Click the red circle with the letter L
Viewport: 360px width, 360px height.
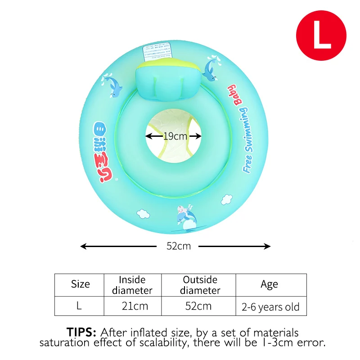(x=321, y=36)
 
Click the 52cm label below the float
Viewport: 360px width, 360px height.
(x=179, y=246)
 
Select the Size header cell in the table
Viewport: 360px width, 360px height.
(x=80, y=284)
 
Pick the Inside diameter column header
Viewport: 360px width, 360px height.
(x=132, y=285)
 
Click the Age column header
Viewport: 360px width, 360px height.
(x=269, y=284)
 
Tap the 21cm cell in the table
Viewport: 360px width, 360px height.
(x=135, y=306)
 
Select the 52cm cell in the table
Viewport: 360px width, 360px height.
(x=198, y=306)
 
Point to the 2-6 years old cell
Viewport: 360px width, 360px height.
(x=270, y=307)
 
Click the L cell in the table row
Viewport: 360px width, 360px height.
(x=79, y=306)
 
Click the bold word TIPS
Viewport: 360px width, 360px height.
(x=81, y=333)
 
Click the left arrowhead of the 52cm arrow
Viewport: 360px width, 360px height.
(x=83, y=246)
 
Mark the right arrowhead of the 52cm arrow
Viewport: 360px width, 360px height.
(x=268, y=246)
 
